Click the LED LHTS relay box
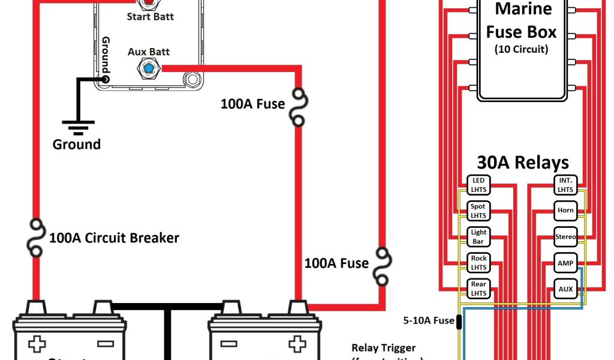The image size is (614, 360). (478, 185)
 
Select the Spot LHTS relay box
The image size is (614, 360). (478, 211)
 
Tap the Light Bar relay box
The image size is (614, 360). (478, 236)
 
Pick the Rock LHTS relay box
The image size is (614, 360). (478, 262)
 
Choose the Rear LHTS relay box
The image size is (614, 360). (478, 288)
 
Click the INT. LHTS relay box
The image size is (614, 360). (565, 185)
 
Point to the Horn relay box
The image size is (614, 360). (565, 211)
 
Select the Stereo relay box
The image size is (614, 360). (565, 236)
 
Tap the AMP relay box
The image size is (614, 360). (565, 262)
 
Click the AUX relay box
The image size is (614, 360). (565, 288)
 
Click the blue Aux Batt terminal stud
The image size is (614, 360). (148, 69)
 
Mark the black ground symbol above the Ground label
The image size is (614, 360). (76, 127)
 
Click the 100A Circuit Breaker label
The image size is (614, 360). (114, 238)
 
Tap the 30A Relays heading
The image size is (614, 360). (523, 162)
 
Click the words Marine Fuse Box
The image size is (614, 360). (521, 20)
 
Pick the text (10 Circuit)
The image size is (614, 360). (521, 49)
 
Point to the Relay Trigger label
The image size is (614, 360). (383, 348)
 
